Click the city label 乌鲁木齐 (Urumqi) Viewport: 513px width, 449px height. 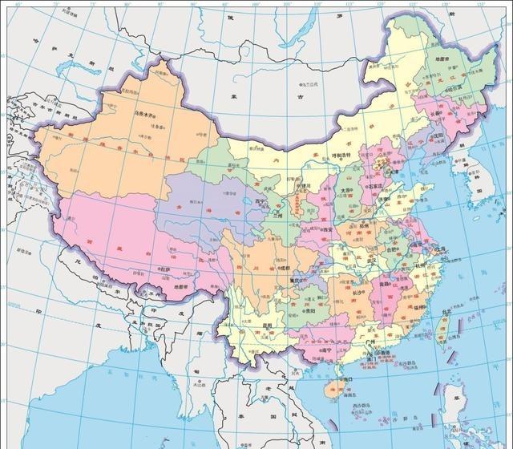[x=147, y=115]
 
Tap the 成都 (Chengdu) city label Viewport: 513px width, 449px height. [x=285, y=268]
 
